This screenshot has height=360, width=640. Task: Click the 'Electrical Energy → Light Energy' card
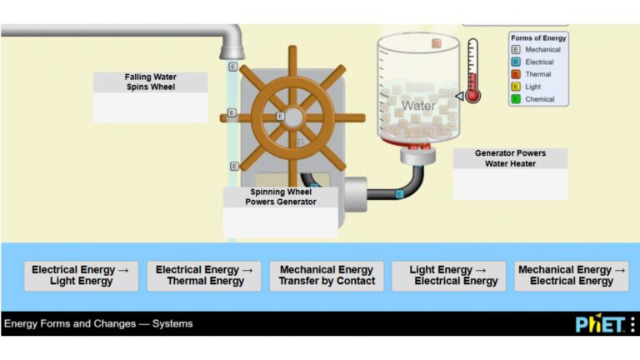(x=81, y=276)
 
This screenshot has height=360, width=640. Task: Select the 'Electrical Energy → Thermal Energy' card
(x=204, y=276)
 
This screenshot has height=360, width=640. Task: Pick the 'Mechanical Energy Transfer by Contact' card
(x=327, y=276)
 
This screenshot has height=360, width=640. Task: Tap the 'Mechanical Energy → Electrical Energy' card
(x=572, y=276)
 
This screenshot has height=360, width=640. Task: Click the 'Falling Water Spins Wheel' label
(x=150, y=82)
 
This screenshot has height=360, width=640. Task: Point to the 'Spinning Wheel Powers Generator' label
(x=281, y=197)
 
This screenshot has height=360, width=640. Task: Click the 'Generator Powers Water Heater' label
(x=510, y=158)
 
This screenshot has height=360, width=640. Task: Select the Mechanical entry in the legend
(x=542, y=50)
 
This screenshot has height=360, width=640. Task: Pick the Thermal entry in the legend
(x=537, y=74)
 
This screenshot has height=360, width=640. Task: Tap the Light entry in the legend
(x=533, y=87)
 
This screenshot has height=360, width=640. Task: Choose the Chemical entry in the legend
(x=539, y=99)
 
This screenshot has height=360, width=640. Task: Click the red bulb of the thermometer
(x=473, y=96)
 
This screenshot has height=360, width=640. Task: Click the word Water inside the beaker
(x=418, y=106)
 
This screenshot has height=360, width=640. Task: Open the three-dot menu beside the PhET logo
(x=632, y=324)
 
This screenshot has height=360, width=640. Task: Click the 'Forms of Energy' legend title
(x=539, y=38)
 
